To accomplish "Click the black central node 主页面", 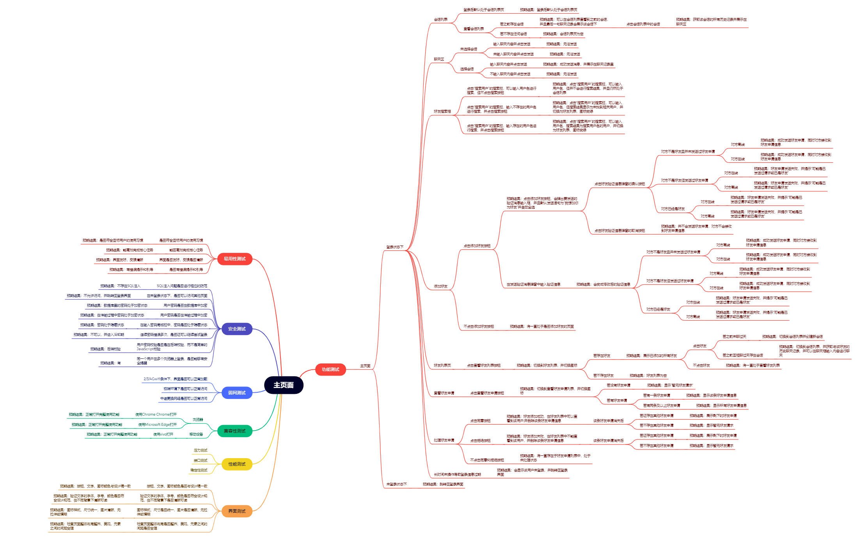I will pyautogui.click(x=283, y=385).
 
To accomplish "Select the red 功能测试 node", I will pyautogui.click(x=330, y=369).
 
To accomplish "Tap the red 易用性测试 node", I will pyautogui.click(x=234, y=259).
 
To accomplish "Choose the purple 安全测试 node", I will pyautogui.click(x=236, y=329).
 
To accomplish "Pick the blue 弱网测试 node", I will pyautogui.click(x=236, y=393).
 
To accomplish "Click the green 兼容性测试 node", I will pyautogui.click(x=234, y=431).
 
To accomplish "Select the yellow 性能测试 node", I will pyautogui.click(x=236, y=464).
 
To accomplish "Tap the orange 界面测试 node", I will pyautogui.click(x=236, y=511).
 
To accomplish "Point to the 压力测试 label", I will pyautogui.click(x=201, y=450).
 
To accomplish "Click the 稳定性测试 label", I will pyautogui.click(x=199, y=470).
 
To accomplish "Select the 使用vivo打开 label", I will pyautogui.click(x=163, y=434).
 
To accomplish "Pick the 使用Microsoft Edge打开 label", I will pyautogui.click(x=157, y=425).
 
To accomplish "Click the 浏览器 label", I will pyautogui.click(x=198, y=420).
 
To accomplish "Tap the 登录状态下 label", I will pyautogui.click(x=395, y=247).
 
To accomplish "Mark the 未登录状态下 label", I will pyautogui.click(x=396, y=484).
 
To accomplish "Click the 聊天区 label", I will pyautogui.click(x=439, y=59).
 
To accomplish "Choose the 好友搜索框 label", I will pyautogui.click(x=442, y=111).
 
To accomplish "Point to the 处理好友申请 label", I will pyautogui.click(x=444, y=440).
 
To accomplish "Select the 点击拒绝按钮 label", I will pyautogui.click(x=480, y=441).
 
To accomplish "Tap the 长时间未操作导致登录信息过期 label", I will pyautogui.click(x=457, y=474).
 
